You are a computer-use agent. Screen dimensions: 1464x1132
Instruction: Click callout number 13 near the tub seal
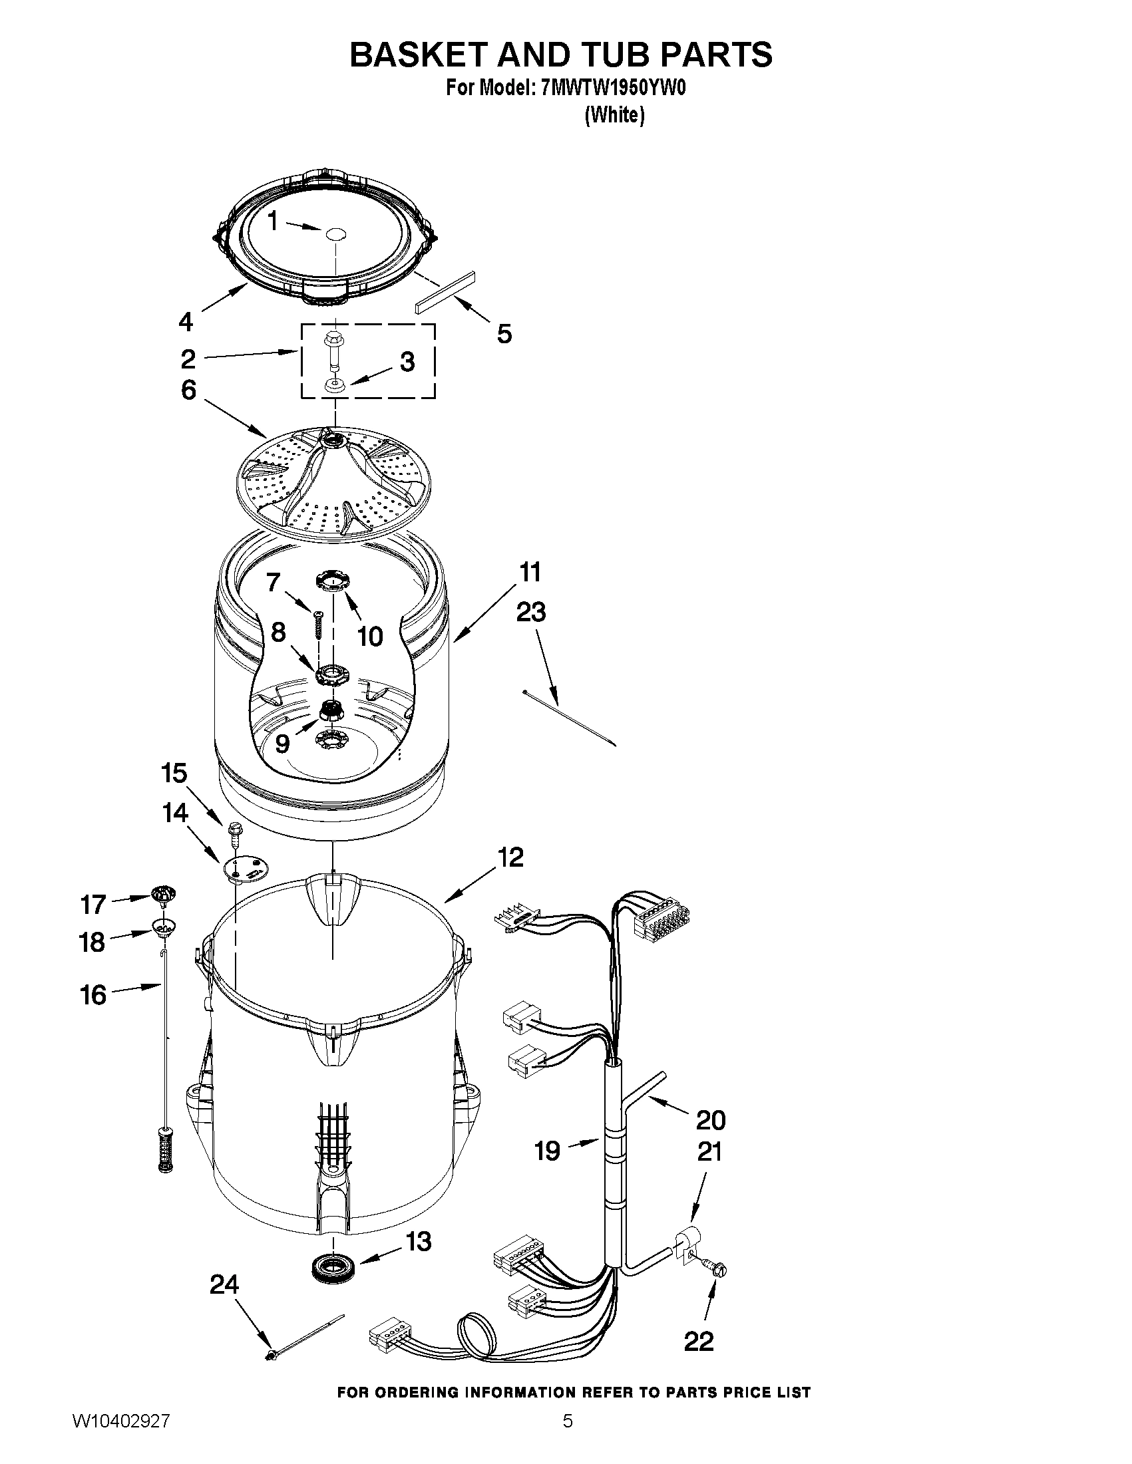[x=419, y=1242]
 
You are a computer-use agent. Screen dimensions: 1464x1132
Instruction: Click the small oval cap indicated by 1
[x=335, y=233]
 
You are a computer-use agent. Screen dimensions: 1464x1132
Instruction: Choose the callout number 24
[x=224, y=1284]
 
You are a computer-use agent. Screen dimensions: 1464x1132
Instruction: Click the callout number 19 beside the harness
[x=547, y=1150]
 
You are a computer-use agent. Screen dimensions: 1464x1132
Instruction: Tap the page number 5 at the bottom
[x=568, y=1439]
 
